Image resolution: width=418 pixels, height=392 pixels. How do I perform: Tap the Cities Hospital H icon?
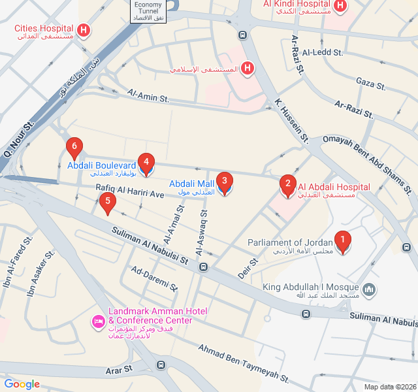pos(84,30)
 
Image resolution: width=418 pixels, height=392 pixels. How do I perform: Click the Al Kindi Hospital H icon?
pos(340,5)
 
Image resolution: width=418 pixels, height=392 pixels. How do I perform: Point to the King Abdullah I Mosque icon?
pos(369,289)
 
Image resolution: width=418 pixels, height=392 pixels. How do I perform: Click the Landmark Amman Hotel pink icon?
pos(99,321)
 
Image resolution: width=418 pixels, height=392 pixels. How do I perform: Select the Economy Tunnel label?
pos(148,11)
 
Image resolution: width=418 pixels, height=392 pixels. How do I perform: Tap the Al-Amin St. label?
pos(148,97)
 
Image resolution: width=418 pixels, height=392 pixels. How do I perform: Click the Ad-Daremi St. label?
pos(154,279)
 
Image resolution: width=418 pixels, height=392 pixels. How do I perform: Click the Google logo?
pos(22,384)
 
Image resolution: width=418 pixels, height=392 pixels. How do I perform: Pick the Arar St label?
pos(119,369)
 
